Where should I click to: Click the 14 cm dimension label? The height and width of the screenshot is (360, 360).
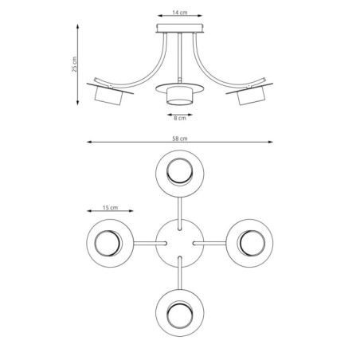click(180, 14)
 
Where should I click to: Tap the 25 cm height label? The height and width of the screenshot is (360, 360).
click(74, 63)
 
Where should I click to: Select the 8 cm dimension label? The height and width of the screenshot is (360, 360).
click(180, 119)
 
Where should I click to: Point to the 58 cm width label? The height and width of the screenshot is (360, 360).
click(180, 139)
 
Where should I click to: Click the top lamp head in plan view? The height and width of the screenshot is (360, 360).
click(180, 172)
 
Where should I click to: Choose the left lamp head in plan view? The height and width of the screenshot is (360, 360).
click(111, 241)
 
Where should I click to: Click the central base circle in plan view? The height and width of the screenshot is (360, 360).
click(180, 241)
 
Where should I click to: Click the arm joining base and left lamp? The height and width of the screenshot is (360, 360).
click(147, 241)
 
